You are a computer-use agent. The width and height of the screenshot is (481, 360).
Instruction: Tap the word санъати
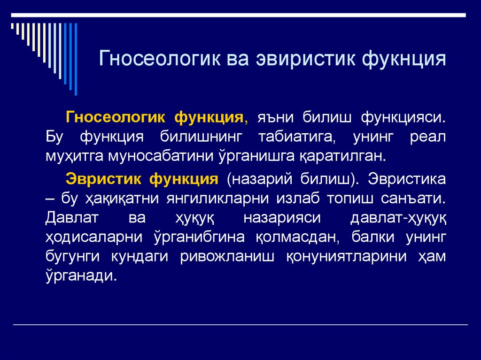[415, 199]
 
